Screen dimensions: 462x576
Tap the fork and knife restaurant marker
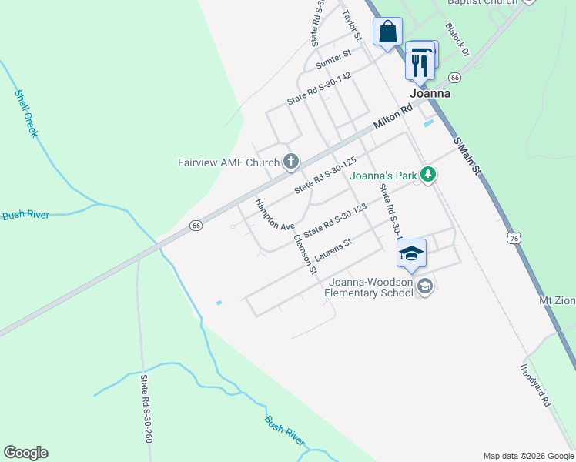(x=420, y=64)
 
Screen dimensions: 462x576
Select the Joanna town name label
(x=430, y=93)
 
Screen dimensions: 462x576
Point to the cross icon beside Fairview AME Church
(x=290, y=162)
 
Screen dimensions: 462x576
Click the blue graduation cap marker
(x=411, y=253)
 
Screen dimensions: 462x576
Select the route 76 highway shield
(x=514, y=239)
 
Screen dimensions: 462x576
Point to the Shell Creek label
(x=26, y=113)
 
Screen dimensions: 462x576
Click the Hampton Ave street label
(x=275, y=216)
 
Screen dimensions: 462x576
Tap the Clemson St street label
(x=304, y=252)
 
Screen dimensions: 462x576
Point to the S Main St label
(x=467, y=155)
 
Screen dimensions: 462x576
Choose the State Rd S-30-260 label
(x=146, y=409)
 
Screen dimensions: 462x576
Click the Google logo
(x=25, y=453)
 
